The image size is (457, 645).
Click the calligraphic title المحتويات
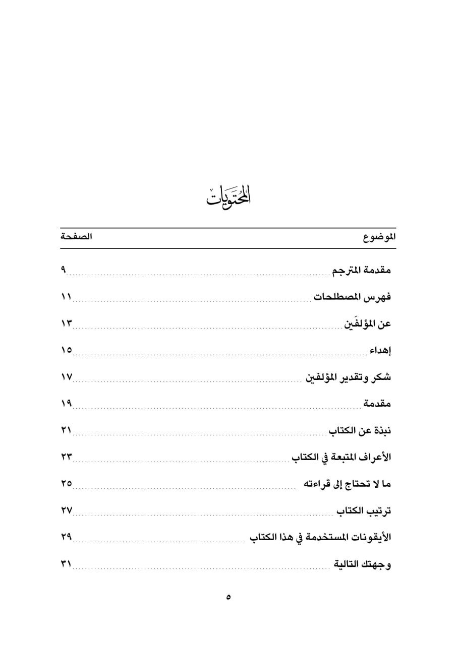[228, 196]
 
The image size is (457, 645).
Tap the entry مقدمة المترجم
[361, 271]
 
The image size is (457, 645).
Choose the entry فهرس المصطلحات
[352, 297]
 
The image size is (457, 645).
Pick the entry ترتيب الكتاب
[364, 511]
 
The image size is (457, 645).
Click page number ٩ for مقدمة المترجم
[64, 271]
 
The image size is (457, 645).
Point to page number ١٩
[67, 404]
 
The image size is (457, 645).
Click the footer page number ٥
[228, 598]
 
